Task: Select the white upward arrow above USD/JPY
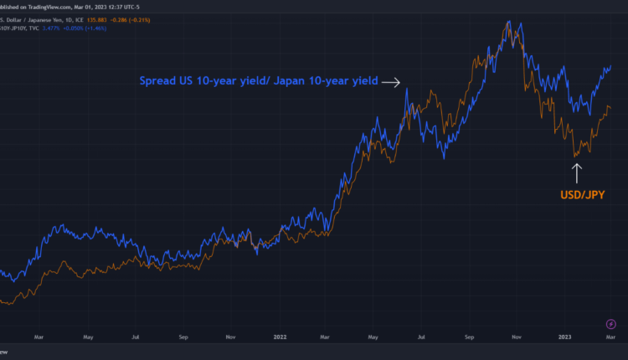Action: point(576,173)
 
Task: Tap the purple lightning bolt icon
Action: point(611,324)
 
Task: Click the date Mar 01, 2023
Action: point(95,3)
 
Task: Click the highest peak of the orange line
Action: point(507,23)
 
